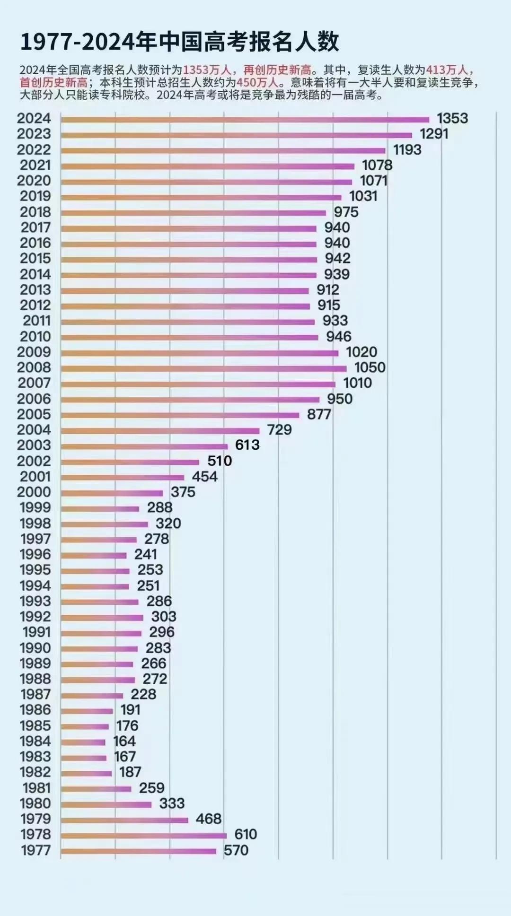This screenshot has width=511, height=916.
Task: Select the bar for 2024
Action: [x=245, y=120]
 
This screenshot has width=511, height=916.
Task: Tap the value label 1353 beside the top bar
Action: [x=452, y=118]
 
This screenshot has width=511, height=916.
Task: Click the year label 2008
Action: [x=34, y=367]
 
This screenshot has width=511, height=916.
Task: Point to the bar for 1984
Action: [x=83, y=742]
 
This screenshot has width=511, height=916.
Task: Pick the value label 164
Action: [x=124, y=741]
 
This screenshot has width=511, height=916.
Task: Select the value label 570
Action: [x=236, y=850]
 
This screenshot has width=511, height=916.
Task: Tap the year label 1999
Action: [x=35, y=507]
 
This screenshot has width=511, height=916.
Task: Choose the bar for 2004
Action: [x=160, y=431]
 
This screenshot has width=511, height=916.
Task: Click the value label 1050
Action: [x=370, y=367]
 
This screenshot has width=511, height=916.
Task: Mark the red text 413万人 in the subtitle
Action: [x=447, y=70]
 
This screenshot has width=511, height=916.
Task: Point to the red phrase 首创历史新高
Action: [x=53, y=82]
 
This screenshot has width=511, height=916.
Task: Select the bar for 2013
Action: [x=185, y=291]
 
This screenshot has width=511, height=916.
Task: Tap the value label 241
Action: [x=145, y=554]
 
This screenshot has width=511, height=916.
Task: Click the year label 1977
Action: [x=36, y=850]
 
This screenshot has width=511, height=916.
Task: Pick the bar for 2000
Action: [x=112, y=493]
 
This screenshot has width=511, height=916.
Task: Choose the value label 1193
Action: [x=407, y=150]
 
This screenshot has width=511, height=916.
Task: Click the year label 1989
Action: [x=35, y=663]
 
